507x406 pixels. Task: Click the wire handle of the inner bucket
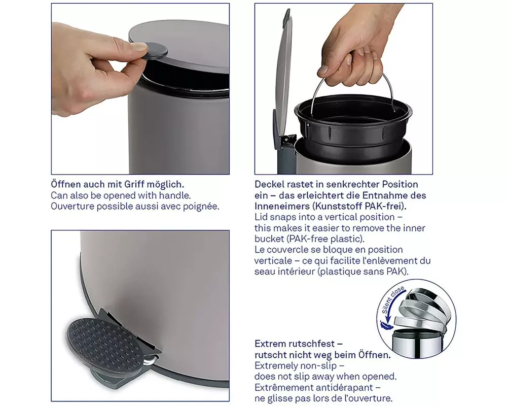click(353, 91)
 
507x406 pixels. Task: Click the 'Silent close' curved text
click(392, 299)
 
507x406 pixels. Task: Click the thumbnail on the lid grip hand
click(139, 47)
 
